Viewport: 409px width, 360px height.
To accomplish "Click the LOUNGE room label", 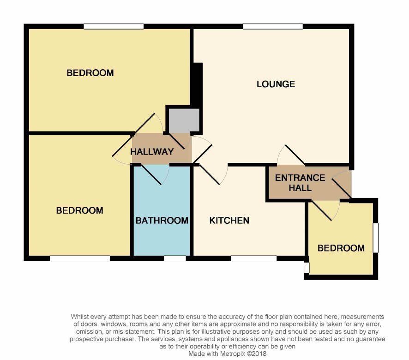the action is click(x=276, y=84).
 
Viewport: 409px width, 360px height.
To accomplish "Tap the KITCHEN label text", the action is click(x=229, y=221).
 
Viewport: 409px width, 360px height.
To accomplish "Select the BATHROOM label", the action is click(x=162, y=221).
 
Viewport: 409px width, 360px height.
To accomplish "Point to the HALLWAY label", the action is click(x=152, y=151).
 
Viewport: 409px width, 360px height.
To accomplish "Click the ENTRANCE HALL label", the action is click(x=300, y=183).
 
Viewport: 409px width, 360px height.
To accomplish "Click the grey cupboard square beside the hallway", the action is click(x=184, y=121).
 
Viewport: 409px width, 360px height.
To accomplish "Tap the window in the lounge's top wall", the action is click(x=272, y=26).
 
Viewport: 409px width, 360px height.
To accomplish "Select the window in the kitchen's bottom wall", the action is click(x=253, y=258).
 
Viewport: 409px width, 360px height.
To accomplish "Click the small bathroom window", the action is click(x=175, y=258).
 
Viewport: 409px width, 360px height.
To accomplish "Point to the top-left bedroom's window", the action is click(x=114, y=26).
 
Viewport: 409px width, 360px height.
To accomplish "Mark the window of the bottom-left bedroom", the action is click(x=80, y=258).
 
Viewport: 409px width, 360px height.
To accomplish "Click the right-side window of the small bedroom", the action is click(x=376, y=237).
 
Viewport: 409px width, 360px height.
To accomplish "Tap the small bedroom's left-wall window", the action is click(x=307, y=268).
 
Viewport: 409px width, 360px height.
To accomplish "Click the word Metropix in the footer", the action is click(x=233, y=354).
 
